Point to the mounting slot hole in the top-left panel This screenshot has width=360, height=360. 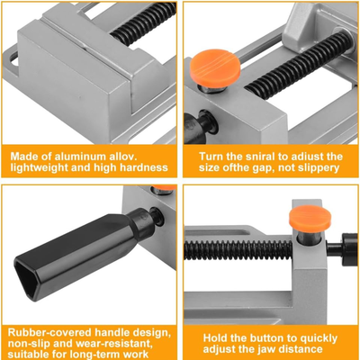click(13, 59)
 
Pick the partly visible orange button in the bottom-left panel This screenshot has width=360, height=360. click(164, 188)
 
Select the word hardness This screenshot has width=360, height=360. click(144, 167)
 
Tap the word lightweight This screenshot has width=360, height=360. click(40, 167)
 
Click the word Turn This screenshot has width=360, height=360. click(211, 157)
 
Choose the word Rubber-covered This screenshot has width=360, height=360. click(49, 332)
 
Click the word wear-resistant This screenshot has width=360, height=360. click(115, 343)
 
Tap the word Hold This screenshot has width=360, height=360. click(215, 338)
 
